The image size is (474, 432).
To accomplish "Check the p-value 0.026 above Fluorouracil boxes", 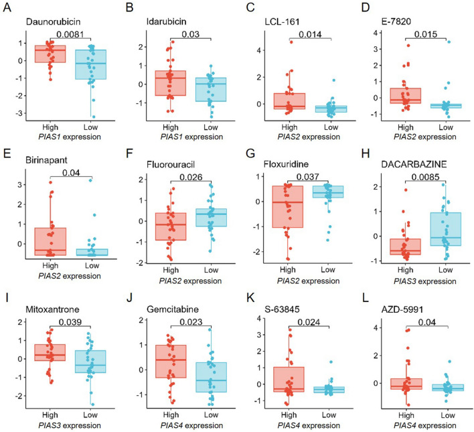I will tap(191, 179).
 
